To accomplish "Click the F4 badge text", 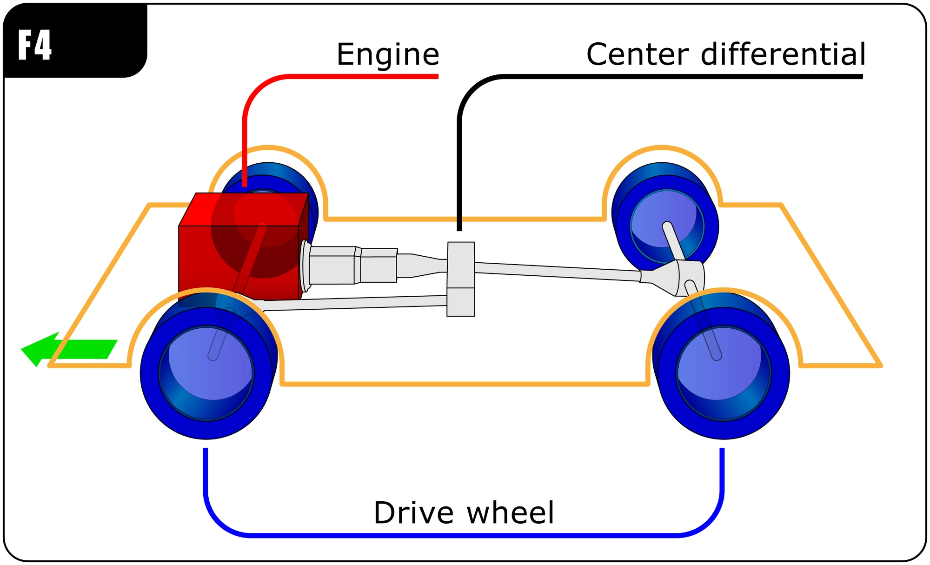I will [x=35, y=45].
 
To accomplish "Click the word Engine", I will [x=388, y=55].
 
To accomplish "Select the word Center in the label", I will [x=638, y=54].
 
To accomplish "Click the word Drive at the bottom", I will [x=413, y=513].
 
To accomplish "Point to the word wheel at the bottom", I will [x=510, y=513].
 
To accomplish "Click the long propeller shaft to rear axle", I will [x=558, y=271].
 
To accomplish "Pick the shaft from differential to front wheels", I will [x=353, y=304].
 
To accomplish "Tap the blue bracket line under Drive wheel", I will [x=465, y=536].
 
